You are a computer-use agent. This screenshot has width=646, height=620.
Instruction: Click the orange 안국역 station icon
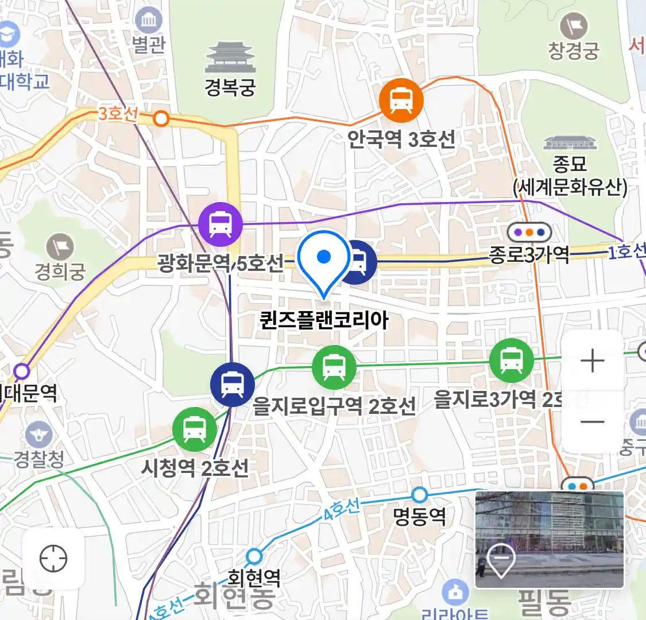pos(401,100)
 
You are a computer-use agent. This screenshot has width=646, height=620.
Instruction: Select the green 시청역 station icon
pos(195,429)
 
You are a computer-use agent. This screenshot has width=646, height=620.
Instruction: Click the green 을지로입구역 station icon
pos(334,367)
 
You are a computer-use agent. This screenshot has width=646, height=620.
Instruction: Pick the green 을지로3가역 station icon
pos(510,361)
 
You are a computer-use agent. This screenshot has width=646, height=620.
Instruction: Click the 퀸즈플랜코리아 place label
pos(324,320)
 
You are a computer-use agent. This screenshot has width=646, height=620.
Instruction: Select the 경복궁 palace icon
pos(230,58)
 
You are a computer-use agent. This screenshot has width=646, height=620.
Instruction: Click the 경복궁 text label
pos(230,87)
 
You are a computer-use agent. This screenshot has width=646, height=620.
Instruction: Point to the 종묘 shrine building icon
pos(570,143)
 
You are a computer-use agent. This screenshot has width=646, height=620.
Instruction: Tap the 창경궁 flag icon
pos(573,26)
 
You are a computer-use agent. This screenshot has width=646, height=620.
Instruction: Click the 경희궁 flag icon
pos(60,247)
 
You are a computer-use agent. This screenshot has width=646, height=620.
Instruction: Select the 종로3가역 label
pos(529,253)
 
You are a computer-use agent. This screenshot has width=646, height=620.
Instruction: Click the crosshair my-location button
pos(53,558)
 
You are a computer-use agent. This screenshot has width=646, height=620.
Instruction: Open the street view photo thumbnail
pos(549,539)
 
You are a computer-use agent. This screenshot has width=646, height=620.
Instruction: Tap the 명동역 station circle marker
pos(420,494)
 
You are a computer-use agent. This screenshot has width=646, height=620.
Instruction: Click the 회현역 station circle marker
pos(254,556)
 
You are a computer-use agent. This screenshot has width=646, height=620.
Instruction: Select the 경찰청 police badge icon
pos(38,435)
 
